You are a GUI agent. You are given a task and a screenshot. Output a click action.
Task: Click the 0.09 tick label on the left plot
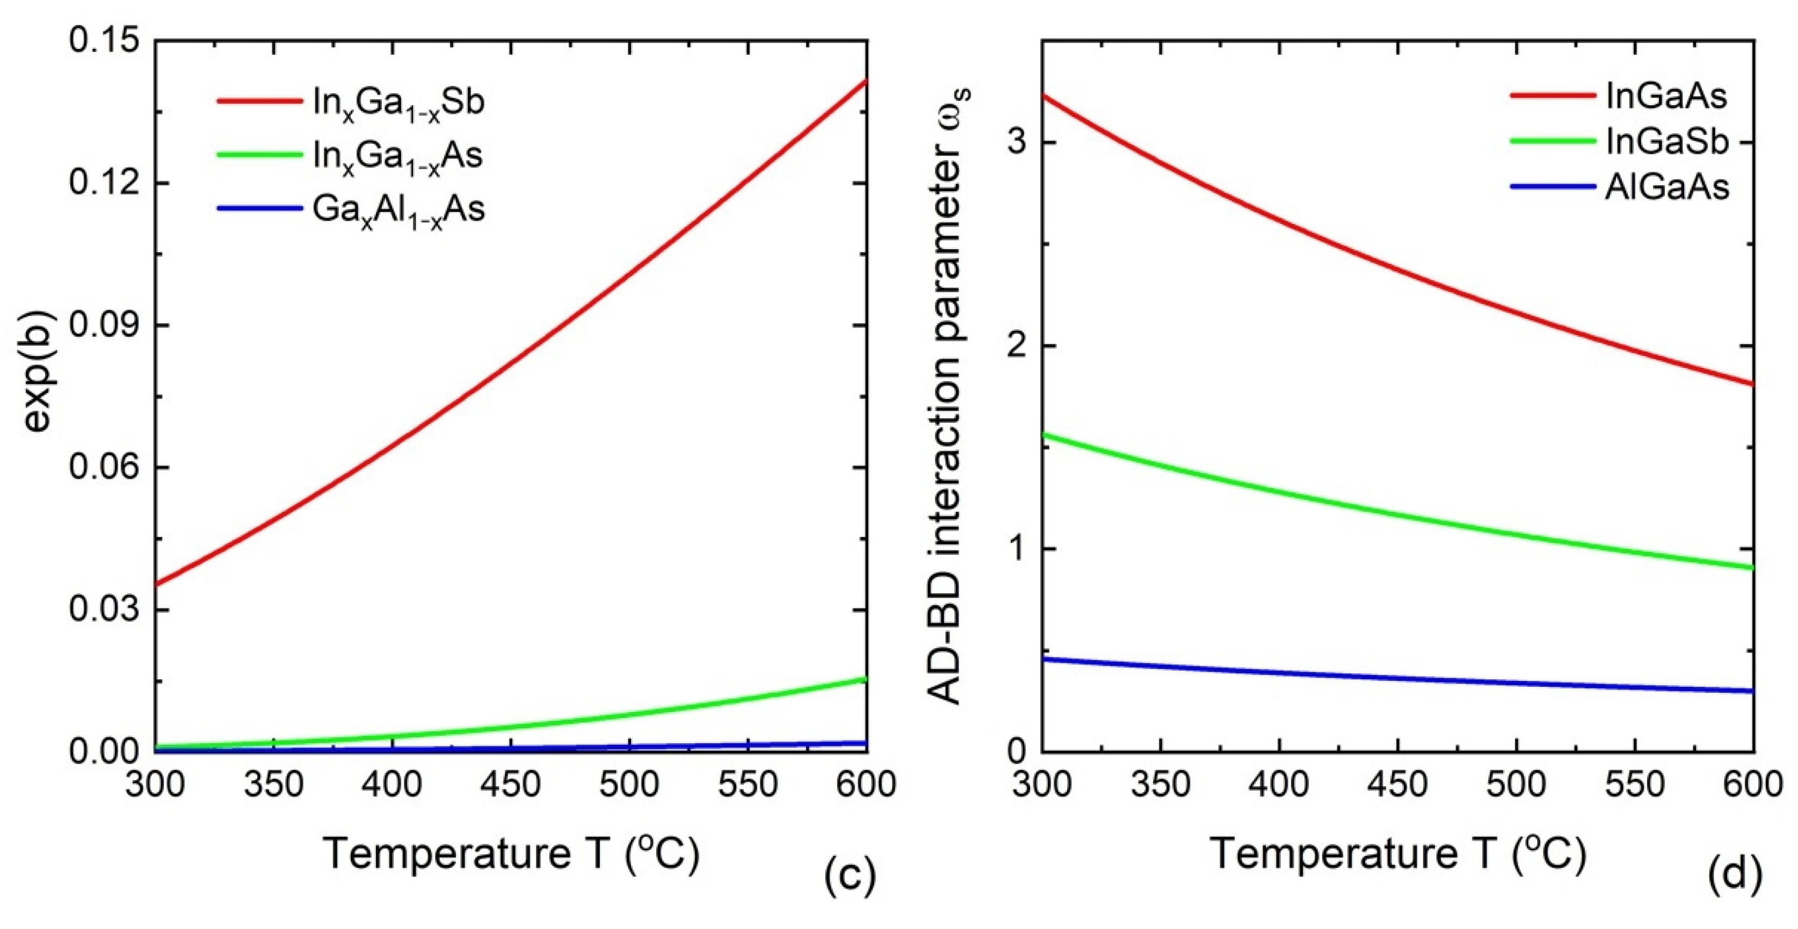click(x=103, y=325)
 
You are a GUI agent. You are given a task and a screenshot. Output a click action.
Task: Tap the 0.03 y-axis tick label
click(x=103, y=609)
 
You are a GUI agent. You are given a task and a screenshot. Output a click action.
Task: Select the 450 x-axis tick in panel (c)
click(x=510, y=785)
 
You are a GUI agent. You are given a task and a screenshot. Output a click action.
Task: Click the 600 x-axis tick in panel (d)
click(x=1754, y=785)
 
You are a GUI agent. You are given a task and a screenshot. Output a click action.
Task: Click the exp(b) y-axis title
click(x=38, y=395)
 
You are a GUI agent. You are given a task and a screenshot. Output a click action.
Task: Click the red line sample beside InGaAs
click(x=1552, y=96)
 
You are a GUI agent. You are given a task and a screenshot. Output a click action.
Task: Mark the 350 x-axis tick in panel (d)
click(x=1160, y=785)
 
